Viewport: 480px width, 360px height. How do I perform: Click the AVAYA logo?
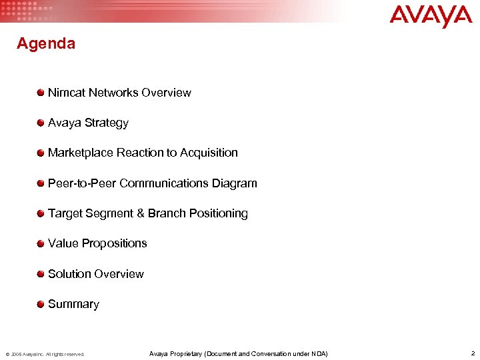431,16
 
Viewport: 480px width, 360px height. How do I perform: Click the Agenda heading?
46,44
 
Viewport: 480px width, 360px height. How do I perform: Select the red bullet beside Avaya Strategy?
41,123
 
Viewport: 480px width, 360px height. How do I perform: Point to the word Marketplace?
81,153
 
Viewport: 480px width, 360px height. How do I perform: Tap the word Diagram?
234,183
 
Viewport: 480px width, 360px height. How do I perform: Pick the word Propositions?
114,243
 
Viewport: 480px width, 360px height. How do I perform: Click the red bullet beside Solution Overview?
41,274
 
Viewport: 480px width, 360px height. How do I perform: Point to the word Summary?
73,304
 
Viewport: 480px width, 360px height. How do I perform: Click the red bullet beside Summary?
41,304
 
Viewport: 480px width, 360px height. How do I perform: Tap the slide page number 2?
472,353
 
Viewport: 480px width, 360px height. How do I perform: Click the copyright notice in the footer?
45,354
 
